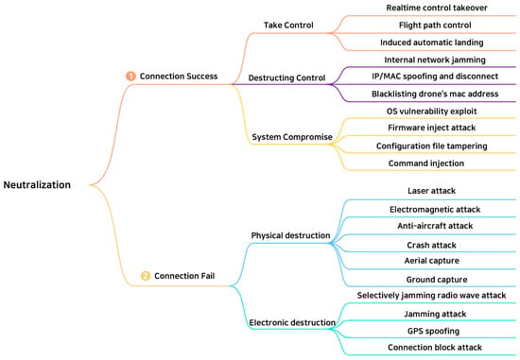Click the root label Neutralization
(x=37, y=184)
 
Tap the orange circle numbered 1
(x=130, y=77)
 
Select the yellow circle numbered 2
(x=146, y=276)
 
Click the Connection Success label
(x=179, y=77)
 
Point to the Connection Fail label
(x=184, y=276)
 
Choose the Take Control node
(x=288, y=26)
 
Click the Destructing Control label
(x=286, y=77)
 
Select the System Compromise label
(x=292, y=137)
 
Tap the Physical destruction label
(x=290, y=235)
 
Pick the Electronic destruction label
(x=292, y=322)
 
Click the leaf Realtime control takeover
(x=437, y=8)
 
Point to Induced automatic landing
(x=432, y=43)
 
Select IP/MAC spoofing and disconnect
(x=435, y=77)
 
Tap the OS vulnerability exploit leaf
(x=432, y=111)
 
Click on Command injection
(x=426, y=163)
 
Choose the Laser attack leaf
(x=432, y=191)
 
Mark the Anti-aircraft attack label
(x=435, y=226)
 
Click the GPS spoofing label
(x=433, y=331)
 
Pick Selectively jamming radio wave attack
(x=431, y=296)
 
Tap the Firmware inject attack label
(x=432, y=128)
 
